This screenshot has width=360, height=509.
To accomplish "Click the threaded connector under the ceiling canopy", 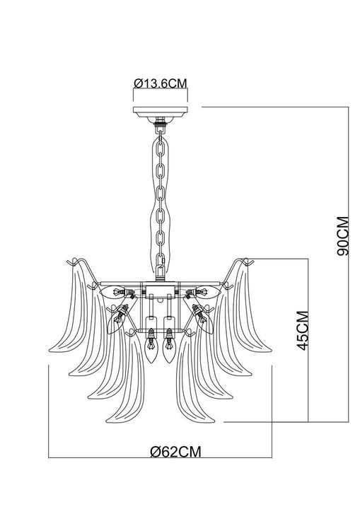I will (x=160, y=128).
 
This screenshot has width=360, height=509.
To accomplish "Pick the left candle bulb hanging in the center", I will (x=150, y=349).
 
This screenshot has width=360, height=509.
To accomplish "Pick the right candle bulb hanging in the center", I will (x=169, y=349).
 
